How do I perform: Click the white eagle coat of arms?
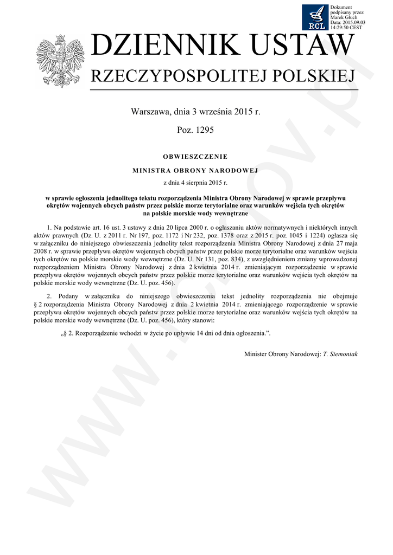tap(57, 61)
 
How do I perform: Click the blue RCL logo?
tap(316, 17)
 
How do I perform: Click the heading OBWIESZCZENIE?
tap(195, 157)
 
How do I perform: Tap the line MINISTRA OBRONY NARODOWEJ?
tap(195, 170)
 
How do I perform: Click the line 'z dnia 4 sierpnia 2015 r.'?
tap(195, 183)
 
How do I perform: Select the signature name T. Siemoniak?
tap(340, 353)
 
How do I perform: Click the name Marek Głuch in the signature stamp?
tap(343, 17)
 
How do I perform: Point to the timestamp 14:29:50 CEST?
tap(347, 27)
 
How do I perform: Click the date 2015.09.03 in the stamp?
tap(352, 22)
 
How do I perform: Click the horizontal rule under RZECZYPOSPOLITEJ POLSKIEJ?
tap(224, 89)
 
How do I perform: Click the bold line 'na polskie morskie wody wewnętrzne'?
tap(195, 214)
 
